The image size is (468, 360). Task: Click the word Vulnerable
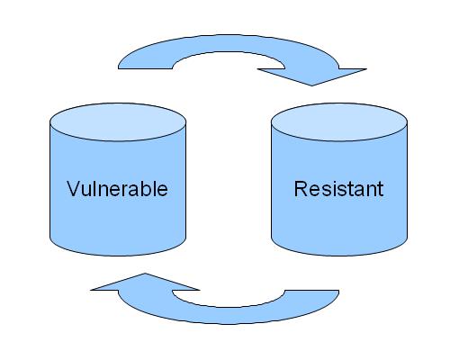tap(117, 189)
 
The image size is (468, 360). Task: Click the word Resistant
tap(339, 189)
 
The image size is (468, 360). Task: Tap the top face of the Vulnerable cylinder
tap(118, 122)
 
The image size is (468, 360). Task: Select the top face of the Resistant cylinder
tap(339, 122)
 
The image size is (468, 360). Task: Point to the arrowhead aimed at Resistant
tap(312, 76)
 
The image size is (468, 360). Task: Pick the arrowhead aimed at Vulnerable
tap(145, 282)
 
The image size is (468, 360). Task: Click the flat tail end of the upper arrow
tap(145, 68)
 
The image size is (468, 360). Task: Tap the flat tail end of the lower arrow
tap(311, 291)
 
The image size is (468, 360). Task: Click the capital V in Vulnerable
tap(74, 189)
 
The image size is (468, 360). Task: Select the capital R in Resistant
tap(301, 189)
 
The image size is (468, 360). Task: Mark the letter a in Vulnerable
tap(134, 191)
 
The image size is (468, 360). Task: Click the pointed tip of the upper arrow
tap(311, 85)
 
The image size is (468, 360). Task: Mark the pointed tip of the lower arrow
tap(145, 274)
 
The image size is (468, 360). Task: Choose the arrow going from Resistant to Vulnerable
tap(228, 316)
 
